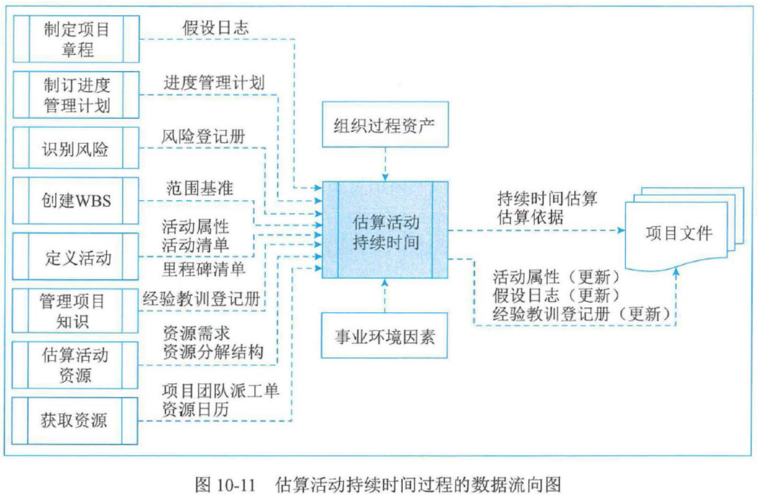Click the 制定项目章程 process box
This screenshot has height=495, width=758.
(77, 39)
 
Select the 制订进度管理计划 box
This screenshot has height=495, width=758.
(77, 95)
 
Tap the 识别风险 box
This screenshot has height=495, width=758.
(77, 150)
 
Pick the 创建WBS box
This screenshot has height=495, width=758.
(77, 201)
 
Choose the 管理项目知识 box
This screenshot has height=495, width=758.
(77, 310)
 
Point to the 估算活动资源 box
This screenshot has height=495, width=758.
(77, 365)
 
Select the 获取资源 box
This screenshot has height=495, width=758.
(77, 421)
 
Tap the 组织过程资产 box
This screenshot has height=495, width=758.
(385, 124)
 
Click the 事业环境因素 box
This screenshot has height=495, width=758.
(385, 336)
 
